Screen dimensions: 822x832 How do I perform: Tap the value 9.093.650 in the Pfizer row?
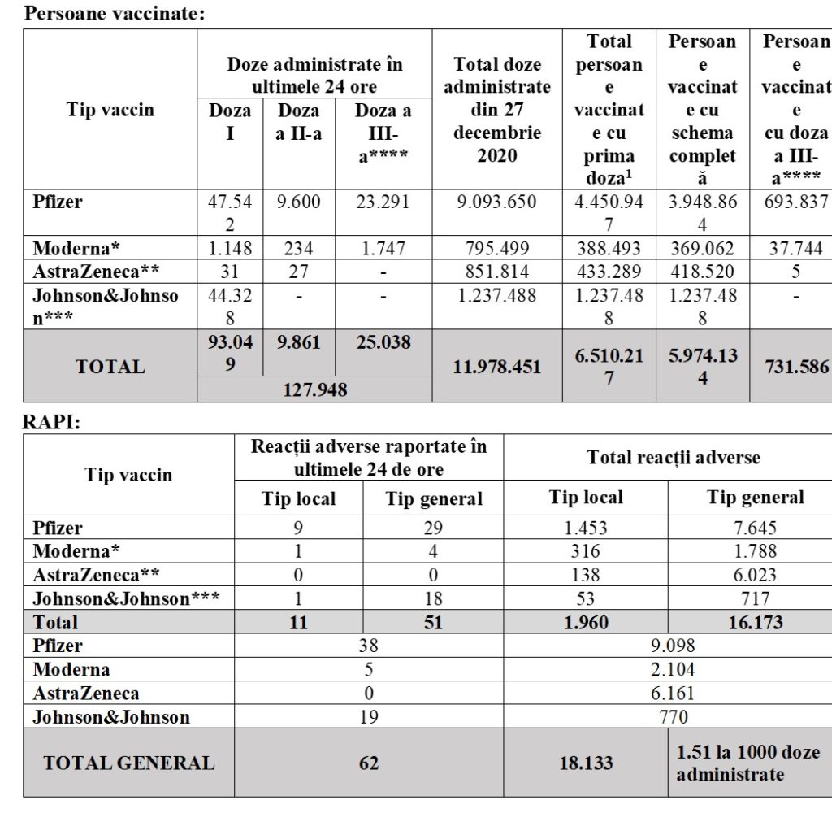(x=496, y=202)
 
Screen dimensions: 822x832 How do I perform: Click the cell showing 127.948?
(x=314, y=389)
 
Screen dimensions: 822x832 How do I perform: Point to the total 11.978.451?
(x=496, y=367)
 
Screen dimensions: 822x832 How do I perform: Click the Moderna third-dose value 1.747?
(x=383, y=249)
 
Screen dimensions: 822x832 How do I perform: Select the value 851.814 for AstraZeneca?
(x=496, y=272)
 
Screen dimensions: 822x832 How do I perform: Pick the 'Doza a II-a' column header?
(x=298, y=122)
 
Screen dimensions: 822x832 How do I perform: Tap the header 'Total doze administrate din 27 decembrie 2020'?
(x=496, y=109)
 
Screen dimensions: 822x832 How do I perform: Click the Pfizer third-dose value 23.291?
(x=383, y=202)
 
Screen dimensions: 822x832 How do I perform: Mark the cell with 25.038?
(x=383, y=343)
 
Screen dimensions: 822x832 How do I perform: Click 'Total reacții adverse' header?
(x=674, y=457)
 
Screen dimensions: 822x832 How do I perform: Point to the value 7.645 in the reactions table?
(x=755, y=528)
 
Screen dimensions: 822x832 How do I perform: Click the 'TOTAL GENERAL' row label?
(x=128, y=763)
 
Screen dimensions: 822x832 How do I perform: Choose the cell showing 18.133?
(x=586, y=763)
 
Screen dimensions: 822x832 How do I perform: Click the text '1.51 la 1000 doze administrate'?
(x=747, y=763)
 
